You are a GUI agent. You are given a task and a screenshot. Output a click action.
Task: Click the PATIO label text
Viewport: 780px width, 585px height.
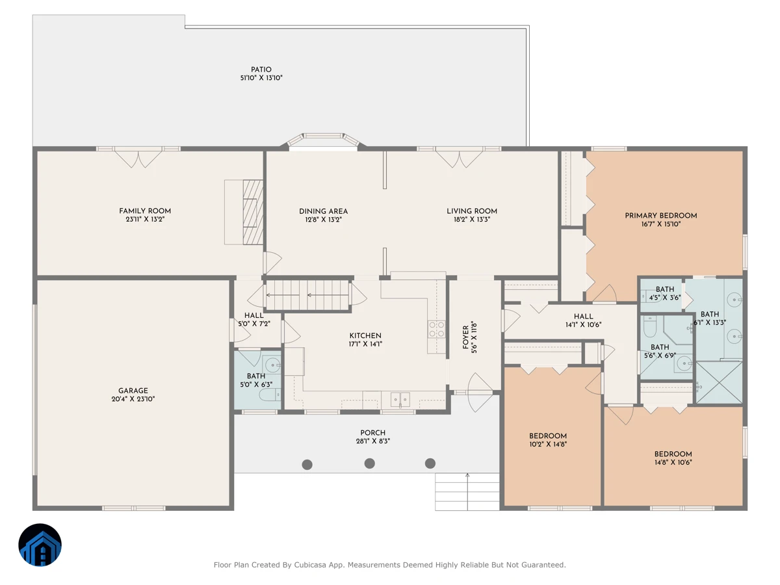click(x=261, y=70)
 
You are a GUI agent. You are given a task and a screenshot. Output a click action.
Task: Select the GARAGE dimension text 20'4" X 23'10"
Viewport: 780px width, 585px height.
click(x=133, y=399)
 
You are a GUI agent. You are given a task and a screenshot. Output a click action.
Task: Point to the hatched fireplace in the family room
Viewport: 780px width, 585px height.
click(x=253, y=212)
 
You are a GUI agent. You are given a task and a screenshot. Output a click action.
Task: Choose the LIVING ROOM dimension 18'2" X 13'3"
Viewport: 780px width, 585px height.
click(x=472, y=220)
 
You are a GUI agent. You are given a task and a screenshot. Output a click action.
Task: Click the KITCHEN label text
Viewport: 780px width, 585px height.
click(x=365, y=335)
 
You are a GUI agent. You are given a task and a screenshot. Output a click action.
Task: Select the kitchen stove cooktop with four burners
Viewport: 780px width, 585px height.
click(x=437, y=330)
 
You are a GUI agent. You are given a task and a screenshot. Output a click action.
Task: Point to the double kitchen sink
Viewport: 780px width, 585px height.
click(x=400, y=400)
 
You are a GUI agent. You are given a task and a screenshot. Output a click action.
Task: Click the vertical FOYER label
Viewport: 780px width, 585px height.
click(x=465, y=337)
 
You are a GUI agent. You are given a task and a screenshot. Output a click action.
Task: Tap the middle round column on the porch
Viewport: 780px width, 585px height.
click(x=370, y=463)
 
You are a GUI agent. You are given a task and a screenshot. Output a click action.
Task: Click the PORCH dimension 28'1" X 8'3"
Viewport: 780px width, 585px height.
click(x=372, y=441)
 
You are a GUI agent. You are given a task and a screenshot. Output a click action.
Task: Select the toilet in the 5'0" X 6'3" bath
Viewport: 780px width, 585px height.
click(x=270, y=395)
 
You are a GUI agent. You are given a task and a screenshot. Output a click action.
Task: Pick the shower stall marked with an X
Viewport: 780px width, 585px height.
click(x=719, y=383)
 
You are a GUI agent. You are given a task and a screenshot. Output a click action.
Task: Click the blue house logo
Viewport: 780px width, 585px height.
click(x=40, y=545)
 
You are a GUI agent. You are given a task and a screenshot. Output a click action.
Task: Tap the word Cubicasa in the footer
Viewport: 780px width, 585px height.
click(x=309, y=565)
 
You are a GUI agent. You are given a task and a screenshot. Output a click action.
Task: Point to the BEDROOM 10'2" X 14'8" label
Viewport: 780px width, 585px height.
click(x=548, y=440)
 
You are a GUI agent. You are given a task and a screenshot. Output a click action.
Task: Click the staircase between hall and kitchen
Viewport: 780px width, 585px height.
click(x=307, y=295)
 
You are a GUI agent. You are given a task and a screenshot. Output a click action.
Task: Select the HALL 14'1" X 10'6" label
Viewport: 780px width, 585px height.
click(x=583, y=320)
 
